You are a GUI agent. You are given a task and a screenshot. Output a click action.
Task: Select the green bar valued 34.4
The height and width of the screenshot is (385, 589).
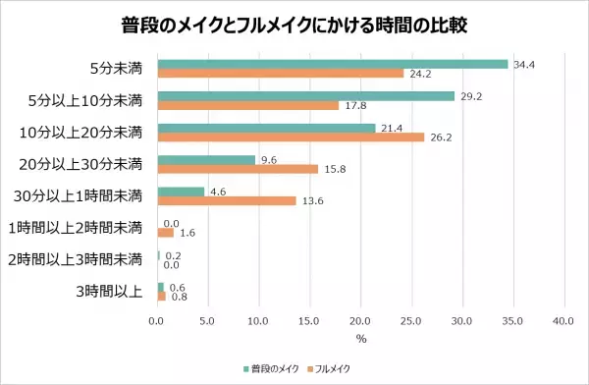pyautogui.click(x=332, y=64)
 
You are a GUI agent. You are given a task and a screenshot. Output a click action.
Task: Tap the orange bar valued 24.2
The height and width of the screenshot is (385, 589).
pyautogui.click(x=280, y=74)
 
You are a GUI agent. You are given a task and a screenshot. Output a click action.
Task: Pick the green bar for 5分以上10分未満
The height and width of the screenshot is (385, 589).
pyautogui.click(x=305, y=96)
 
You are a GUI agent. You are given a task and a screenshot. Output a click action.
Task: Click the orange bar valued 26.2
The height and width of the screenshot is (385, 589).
pyautogui.click(x=291, y=137)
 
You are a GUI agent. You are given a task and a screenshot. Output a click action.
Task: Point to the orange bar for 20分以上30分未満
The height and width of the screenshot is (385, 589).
pyautogui.click(x=237, y=169)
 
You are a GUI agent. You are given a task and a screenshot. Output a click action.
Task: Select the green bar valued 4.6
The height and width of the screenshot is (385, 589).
pyautogui.click(x=180, y=192)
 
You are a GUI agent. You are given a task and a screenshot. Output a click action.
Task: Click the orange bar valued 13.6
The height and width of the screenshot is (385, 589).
pyautogui.click(x=226, y=201)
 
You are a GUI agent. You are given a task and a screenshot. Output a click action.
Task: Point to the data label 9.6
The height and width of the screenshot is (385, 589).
pyautogui.click(x=268, y=159)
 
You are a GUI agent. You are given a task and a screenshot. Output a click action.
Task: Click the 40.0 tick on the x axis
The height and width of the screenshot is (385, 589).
pyautogui.click(x=562, y=321)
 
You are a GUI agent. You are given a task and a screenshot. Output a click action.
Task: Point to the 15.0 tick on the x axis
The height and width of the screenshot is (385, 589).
pyautogui.click(x=309, y=321)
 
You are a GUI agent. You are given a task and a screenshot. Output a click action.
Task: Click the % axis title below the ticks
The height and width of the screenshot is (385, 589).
pyautogui.click(x=360, y=339)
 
